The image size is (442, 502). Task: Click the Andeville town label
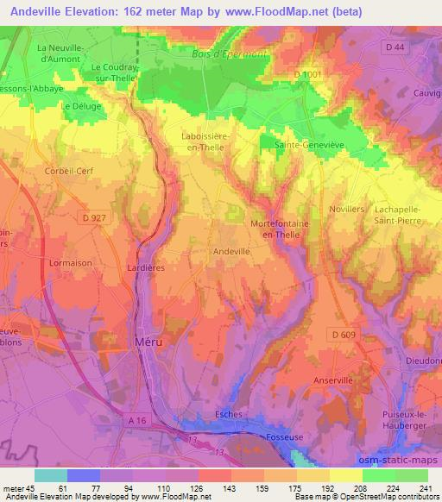point(231,251)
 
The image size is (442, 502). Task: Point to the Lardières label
point(145,268)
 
